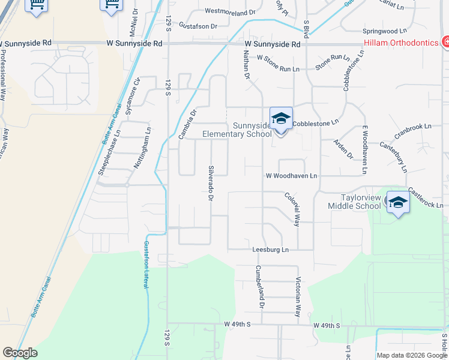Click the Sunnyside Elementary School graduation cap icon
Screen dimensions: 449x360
281,118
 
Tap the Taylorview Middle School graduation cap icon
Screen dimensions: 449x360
397,202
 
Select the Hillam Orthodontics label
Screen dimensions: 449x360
402,43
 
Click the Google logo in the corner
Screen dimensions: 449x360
20,353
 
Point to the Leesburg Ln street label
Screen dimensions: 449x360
270,250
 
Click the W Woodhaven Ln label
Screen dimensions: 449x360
291,176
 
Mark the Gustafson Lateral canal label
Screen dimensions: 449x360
145,264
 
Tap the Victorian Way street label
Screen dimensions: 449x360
298,296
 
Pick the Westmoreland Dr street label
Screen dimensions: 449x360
230,11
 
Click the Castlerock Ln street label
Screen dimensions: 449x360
428,197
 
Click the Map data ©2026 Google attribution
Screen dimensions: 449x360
412,355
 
